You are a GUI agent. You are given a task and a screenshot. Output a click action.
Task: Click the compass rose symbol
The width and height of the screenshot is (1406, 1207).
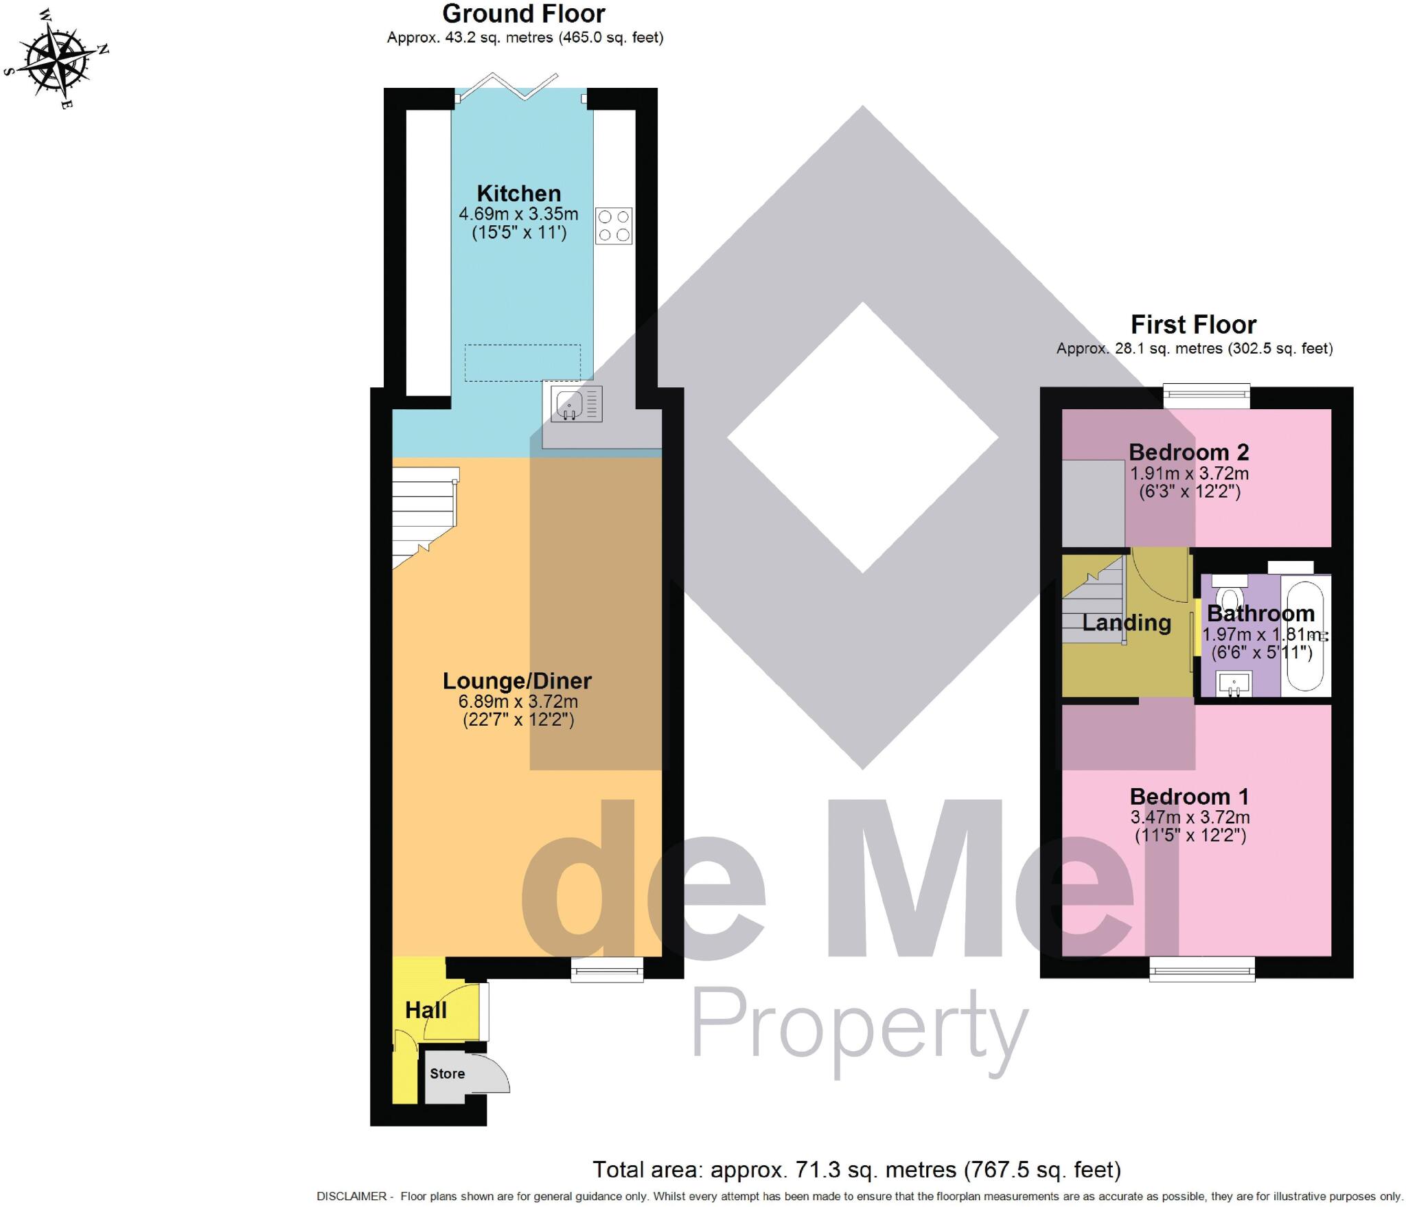click(56, 60)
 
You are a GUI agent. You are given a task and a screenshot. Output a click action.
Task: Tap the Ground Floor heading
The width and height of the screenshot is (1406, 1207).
click(524, 14)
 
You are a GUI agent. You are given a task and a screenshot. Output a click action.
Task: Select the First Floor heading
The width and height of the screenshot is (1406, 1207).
click(1193, 324)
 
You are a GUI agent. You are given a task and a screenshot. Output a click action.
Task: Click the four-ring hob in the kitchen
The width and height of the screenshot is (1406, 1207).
click(614, 226)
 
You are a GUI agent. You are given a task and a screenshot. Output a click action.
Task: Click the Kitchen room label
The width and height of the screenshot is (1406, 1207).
click(519, 194)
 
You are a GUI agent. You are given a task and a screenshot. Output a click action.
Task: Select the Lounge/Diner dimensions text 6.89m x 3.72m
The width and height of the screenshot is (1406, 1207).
click(518, 702)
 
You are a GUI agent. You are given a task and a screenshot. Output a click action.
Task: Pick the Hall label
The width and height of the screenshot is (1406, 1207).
click(426, 1010)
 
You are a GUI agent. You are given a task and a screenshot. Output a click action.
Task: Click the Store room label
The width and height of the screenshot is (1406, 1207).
click(447, 1074)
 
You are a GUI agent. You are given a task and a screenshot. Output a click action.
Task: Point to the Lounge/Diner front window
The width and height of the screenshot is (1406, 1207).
click(608, 970)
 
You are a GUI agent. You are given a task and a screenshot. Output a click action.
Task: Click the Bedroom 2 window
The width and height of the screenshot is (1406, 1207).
click(1206, 395)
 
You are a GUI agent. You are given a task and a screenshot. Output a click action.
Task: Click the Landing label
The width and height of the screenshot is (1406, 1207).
click(1127, 623)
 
